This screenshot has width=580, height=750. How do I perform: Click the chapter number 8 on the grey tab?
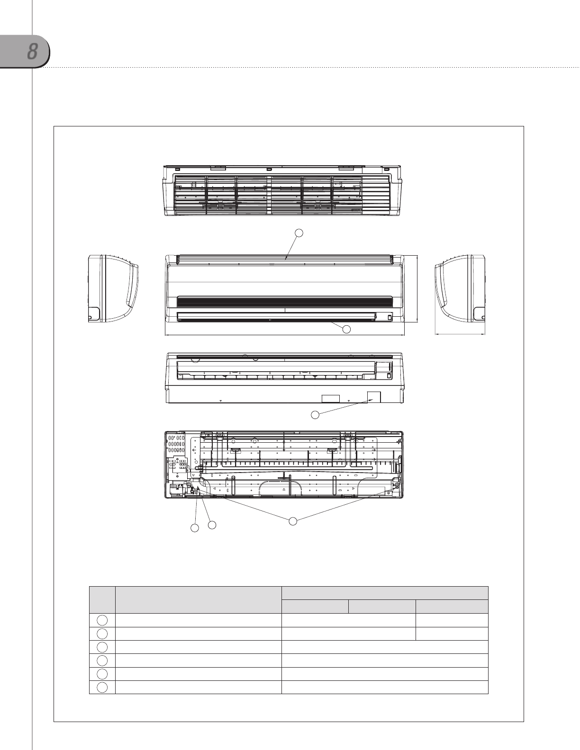click(x=32, y=52)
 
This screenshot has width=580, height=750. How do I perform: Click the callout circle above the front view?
click(x=299, y=233)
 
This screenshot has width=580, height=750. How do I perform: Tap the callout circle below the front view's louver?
click(x=346, y=329)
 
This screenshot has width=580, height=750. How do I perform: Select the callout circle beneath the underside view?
click(x=315, y=415)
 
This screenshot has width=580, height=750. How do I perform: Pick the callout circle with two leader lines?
click(x=292, y=521)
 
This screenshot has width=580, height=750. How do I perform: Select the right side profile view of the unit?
click(x=460, y=288)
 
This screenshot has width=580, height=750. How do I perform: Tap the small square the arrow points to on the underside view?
click(x=374, y=397)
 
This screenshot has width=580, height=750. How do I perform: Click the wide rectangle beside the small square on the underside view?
click(x=331, y=399)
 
